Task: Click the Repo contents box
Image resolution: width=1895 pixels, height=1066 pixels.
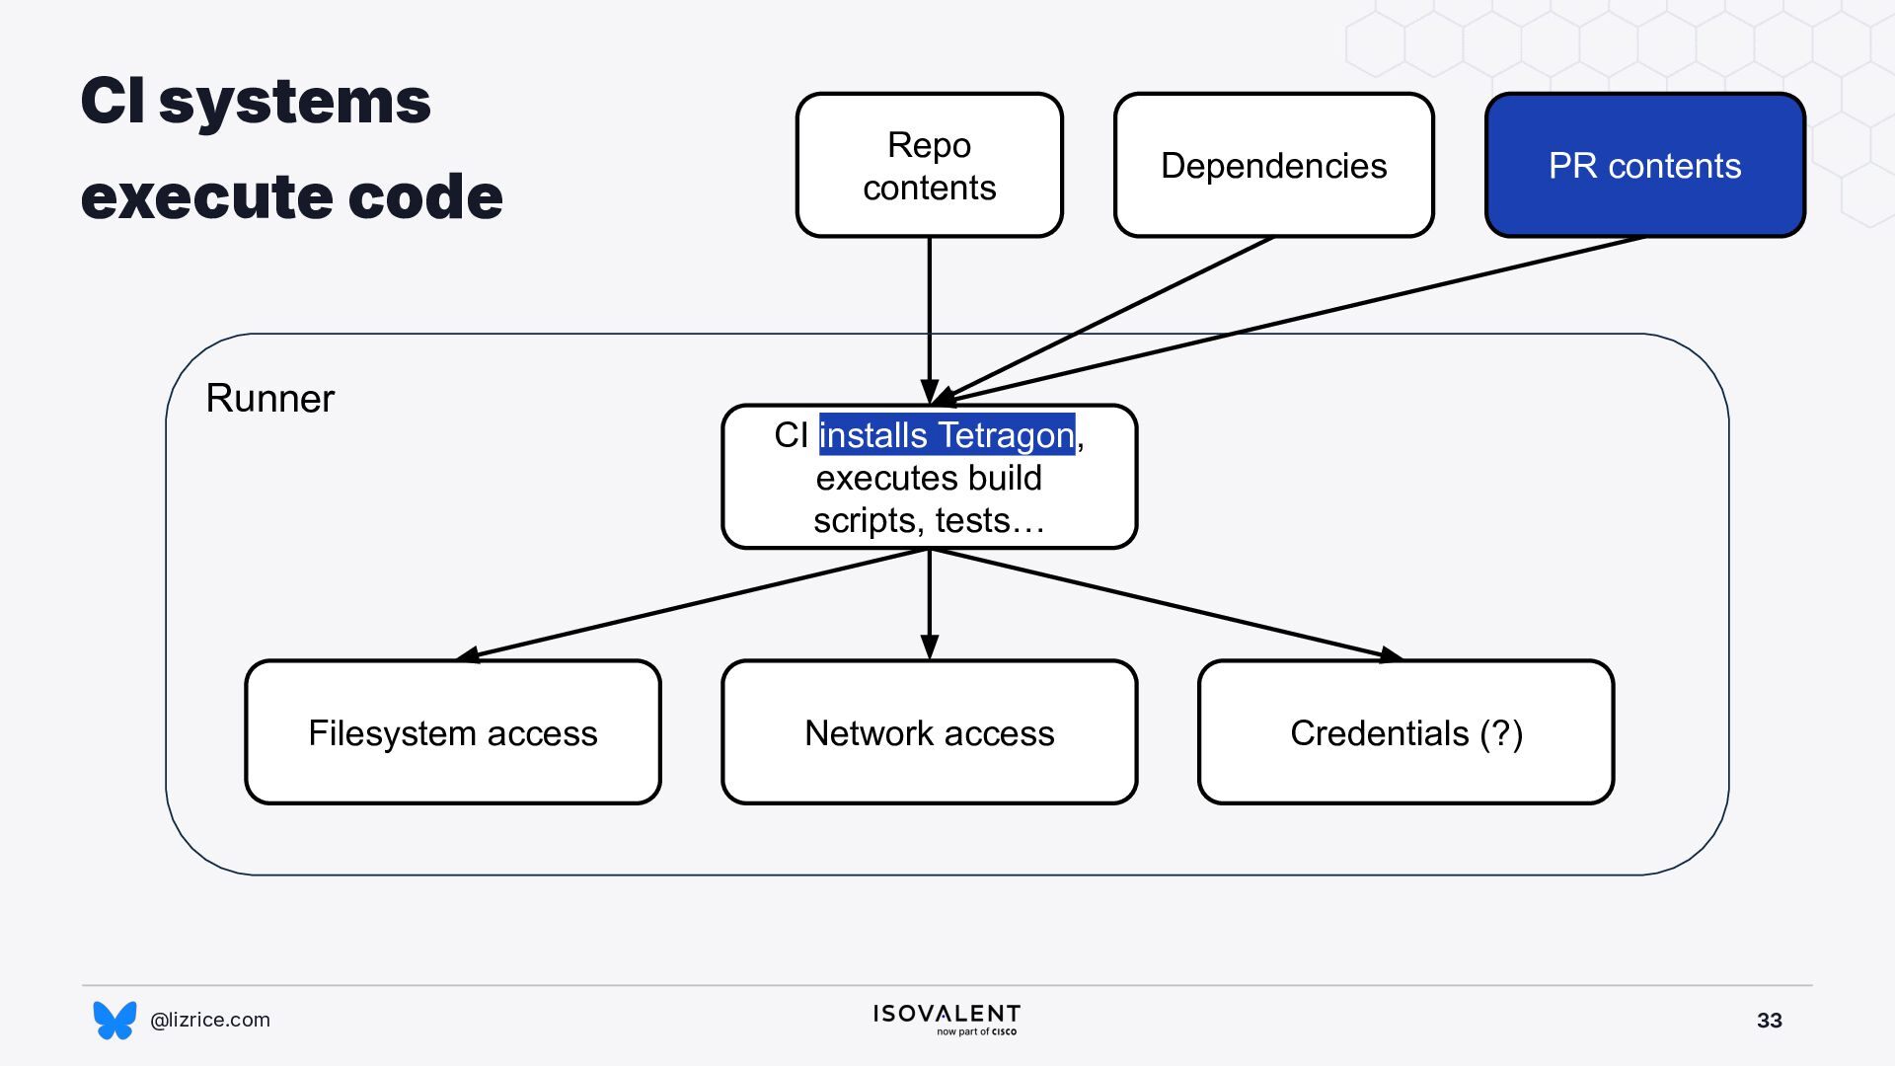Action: coord(929,165)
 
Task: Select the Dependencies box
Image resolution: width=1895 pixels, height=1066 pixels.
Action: coord(1273,165)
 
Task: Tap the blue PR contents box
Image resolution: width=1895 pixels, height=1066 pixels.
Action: coord(1645,165)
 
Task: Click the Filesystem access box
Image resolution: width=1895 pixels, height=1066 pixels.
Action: coord(453,732)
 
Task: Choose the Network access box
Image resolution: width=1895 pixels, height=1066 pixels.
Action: coord(929,732)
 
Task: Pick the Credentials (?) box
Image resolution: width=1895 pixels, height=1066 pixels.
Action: coord(1406,732)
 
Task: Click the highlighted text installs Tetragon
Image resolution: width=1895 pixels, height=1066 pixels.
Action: coord(947,434)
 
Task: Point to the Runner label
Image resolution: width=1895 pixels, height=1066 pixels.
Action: coord(269,398)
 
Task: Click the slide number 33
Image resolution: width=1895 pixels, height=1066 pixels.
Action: coord(1770,1021)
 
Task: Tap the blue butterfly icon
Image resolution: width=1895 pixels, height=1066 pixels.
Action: coord(114,1020)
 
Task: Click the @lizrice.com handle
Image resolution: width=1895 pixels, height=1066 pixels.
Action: coord(210,1020)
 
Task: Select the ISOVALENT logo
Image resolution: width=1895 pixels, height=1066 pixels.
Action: coord(947,1020)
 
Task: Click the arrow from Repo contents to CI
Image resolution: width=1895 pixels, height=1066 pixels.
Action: coord(929,321)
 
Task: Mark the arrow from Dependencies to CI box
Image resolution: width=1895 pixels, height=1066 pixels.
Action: coord(1103,321)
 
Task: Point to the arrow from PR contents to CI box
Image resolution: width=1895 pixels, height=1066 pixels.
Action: coord(1289,321)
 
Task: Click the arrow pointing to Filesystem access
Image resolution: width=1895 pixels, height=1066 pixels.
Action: coord(693,604)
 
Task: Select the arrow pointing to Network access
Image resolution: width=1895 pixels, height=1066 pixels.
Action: coord(929,604)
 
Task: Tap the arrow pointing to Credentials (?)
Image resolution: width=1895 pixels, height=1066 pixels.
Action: coord(1167,604)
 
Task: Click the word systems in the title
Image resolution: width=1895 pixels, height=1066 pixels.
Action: coord(294,101)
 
